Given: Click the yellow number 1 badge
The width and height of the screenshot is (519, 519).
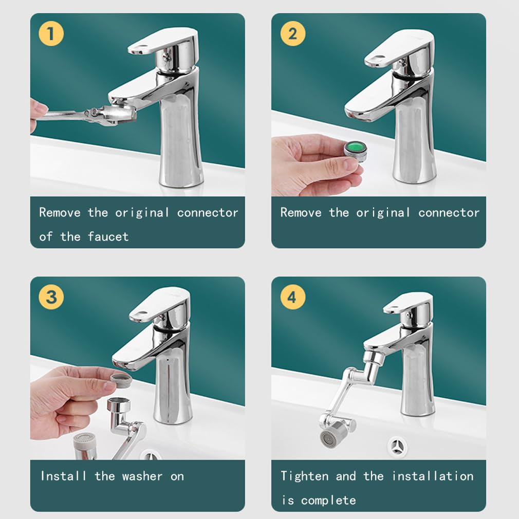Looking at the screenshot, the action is point(51,33).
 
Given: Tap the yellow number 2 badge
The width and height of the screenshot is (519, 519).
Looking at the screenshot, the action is point(292,33).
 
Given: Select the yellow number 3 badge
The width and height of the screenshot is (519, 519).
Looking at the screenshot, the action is point(51,297).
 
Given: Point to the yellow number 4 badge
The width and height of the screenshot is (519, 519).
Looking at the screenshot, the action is point(292,297).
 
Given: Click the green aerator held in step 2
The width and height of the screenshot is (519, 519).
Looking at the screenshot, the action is point(356,151).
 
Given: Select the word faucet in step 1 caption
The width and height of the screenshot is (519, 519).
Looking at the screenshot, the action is point(108,236).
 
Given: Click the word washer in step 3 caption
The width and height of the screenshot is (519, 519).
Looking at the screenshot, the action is point(142,476).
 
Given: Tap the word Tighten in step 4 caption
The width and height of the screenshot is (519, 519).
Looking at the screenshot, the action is point(305,476).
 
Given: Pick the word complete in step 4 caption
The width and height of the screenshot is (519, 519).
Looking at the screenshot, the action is point(328,500).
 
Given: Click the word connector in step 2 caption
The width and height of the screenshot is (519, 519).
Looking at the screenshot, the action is point(449,213).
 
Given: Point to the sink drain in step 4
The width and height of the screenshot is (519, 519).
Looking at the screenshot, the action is point(397,447).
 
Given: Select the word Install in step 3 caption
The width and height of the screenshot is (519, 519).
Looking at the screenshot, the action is point(63,476).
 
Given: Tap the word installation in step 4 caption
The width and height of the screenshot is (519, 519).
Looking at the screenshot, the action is point(433,476).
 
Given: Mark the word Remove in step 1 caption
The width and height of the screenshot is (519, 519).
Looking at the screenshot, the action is point(60,213).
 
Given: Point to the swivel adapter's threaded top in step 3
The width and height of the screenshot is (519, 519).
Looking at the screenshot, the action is point(119,404).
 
